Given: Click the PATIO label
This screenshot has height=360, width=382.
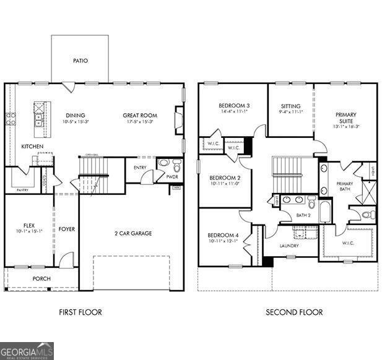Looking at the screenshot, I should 80,61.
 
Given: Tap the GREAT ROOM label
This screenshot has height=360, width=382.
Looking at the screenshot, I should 139,115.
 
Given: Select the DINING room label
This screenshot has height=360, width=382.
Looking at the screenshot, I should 76,115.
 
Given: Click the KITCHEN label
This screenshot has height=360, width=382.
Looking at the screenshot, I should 32,147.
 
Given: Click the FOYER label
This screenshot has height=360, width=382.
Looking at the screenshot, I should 66,229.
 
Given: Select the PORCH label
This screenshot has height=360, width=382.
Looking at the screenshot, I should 41,278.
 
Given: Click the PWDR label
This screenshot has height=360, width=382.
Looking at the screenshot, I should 172,177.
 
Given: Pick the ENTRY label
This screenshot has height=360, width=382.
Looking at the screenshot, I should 139,167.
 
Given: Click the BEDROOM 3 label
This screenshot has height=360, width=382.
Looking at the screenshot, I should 234,106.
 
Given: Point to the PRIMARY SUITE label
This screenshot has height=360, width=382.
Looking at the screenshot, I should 345,118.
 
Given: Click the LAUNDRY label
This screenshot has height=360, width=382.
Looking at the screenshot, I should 289,246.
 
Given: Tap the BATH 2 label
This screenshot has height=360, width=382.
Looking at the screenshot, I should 303,215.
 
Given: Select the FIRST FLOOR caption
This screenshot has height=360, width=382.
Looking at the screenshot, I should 80,312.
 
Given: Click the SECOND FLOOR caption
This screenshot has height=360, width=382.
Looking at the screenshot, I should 294,312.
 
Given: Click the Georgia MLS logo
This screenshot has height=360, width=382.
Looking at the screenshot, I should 27,351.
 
